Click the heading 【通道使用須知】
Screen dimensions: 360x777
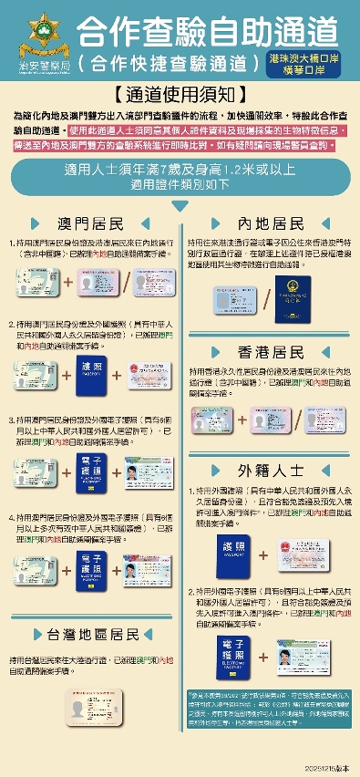click(x=180, y=94)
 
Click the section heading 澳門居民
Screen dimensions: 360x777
click(x=90, y=223)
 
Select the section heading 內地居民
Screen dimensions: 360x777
click(x=271, y=223)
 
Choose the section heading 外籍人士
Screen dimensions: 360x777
click(x=271, y=471)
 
